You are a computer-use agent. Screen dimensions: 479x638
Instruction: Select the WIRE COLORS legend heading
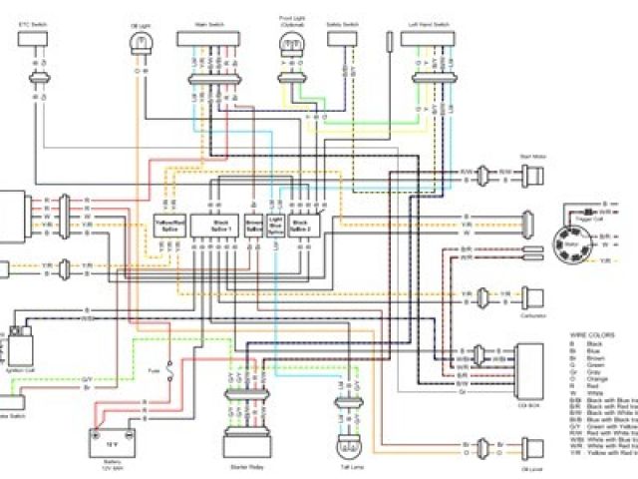pos(591,333)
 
